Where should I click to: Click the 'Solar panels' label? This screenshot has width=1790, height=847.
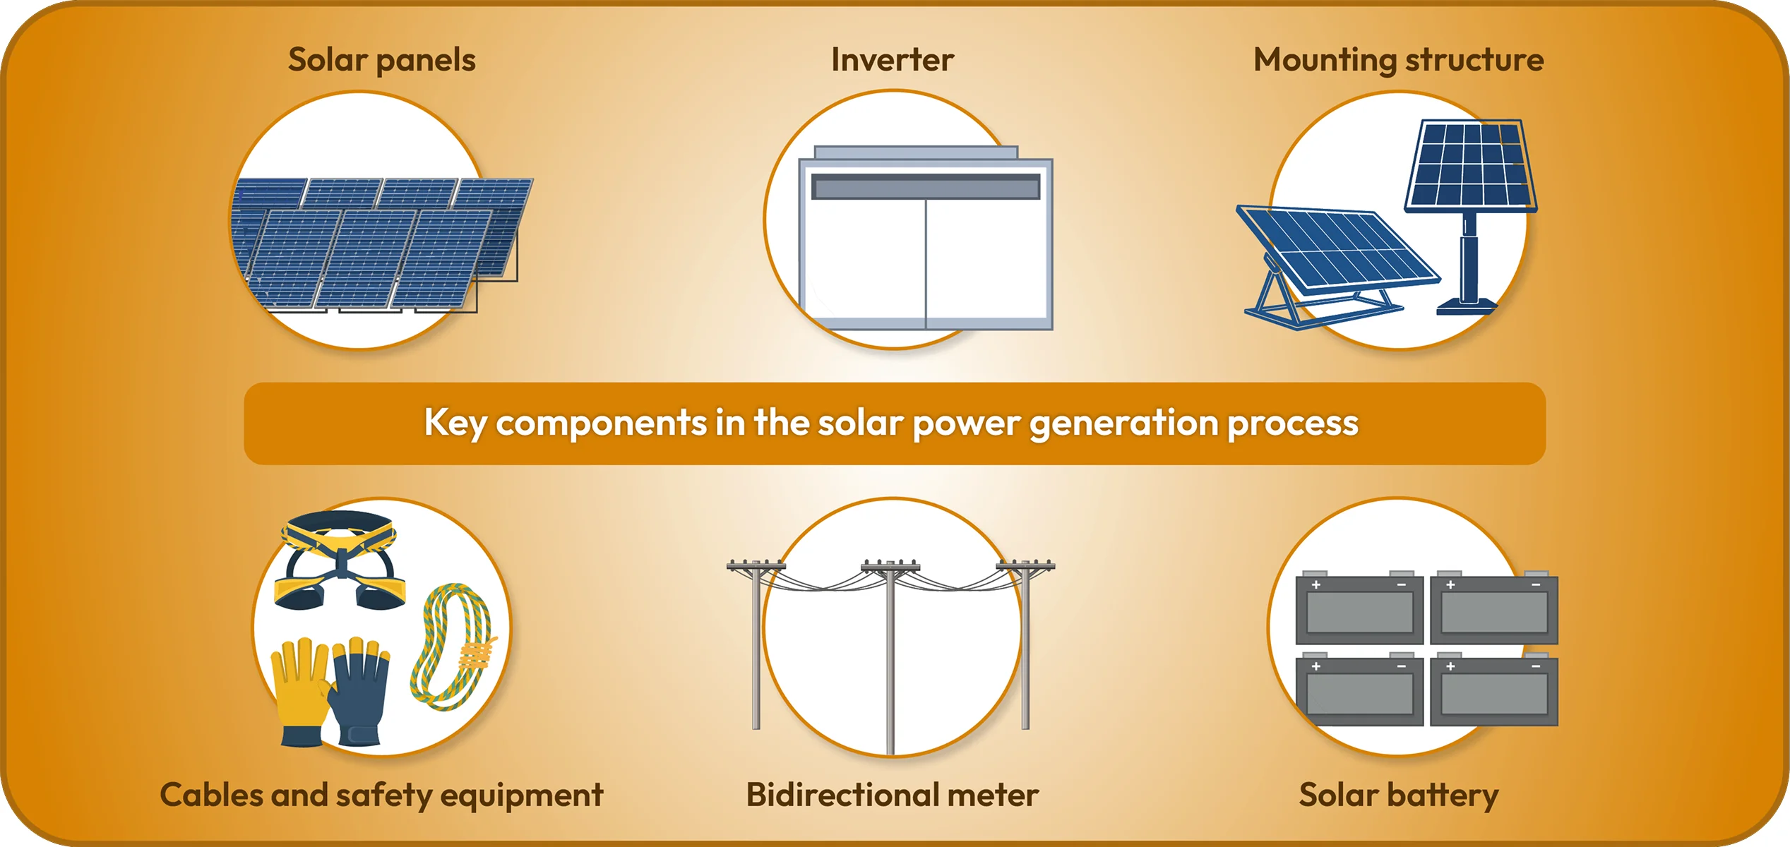[381, 60]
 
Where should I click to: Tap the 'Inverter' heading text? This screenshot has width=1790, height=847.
[892, 60]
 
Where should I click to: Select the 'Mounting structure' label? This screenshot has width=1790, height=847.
[1398, 60]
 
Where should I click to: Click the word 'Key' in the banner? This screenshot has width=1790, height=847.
[455, 423]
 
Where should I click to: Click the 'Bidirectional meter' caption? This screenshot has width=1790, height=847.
[892, 795]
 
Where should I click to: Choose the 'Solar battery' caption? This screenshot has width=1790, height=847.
[1398, 795]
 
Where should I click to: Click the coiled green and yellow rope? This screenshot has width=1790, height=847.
[452, 646]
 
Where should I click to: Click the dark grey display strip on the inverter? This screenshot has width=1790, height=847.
[925, 187]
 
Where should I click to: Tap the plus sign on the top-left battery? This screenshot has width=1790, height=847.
[1316, 585]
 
